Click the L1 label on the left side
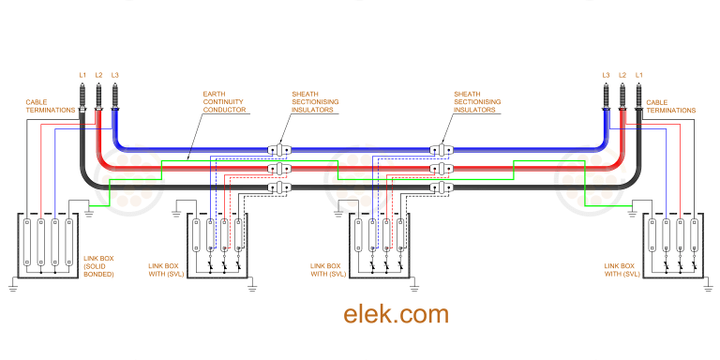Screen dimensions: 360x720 coord(82,74)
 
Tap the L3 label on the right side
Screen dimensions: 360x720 coord(607,74)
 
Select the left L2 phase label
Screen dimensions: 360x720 coord(98,74)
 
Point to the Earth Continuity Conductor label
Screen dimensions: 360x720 coord(224,102)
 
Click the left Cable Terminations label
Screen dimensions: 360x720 coord(47,106)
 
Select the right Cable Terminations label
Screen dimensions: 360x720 coord(670,106)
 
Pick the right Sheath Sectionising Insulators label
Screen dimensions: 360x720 coord(474,102)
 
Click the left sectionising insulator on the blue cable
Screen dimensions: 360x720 coord(278,149)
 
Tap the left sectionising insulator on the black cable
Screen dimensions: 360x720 coord(278,187)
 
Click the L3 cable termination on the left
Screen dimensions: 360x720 coord(114,97)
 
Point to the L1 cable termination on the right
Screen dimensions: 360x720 coord(638,97)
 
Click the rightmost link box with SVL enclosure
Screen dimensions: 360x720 coord(673,246)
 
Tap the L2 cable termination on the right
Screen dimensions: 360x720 coord(622,97)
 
